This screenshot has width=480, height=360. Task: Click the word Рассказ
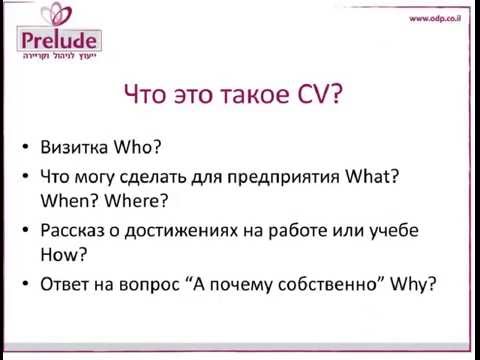coord(78,231)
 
